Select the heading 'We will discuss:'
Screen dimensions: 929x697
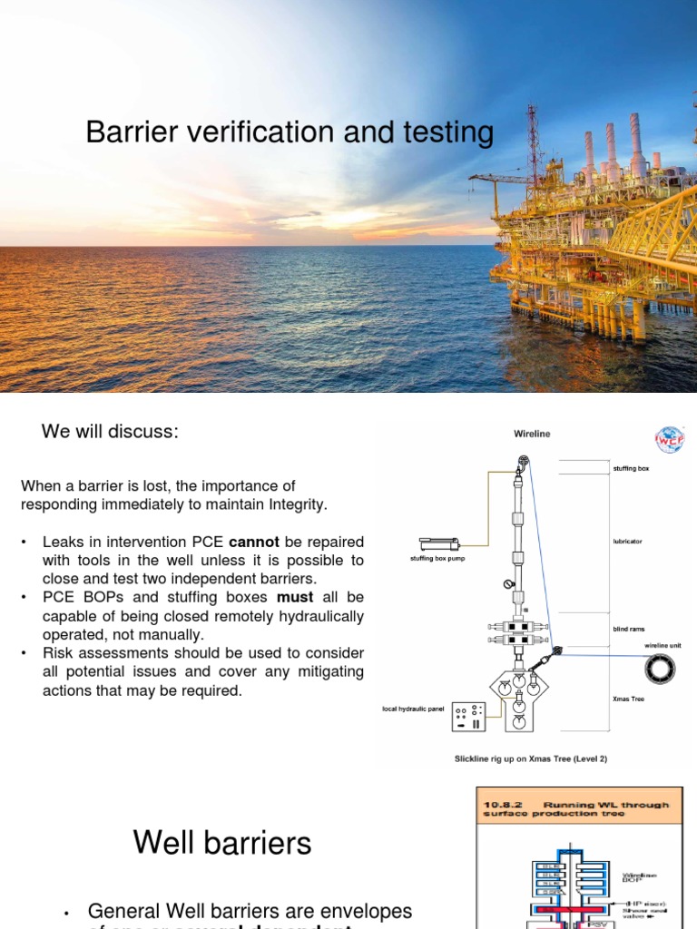110,432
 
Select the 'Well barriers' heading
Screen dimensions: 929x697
222,844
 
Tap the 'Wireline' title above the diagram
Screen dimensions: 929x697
532,435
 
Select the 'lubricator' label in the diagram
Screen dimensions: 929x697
627,542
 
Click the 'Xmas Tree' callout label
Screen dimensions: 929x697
628,699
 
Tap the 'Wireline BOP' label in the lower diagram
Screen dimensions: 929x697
638,879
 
